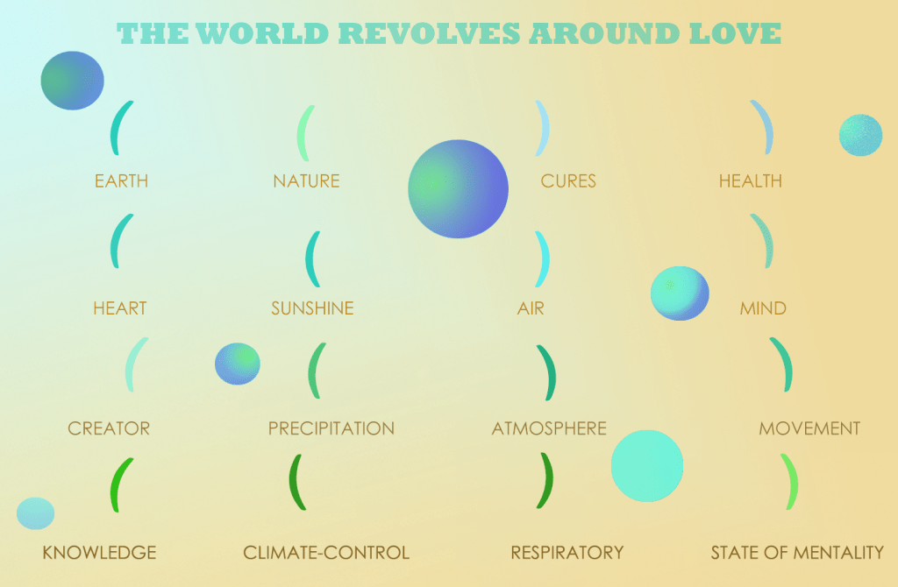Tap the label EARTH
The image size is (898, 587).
coord(121,180)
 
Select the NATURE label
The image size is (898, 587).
coord(306,180)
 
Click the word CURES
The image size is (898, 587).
coord(568,180)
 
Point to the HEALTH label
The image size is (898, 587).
coord(751,180)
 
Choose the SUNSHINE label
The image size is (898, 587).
coord(312,308)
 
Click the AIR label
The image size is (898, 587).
coord(531,308)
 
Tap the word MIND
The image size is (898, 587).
coord(763,308)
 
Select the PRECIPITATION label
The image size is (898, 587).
coord(331,428)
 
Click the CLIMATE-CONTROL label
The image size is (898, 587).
coord(326,552)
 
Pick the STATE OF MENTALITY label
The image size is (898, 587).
coord(797,552)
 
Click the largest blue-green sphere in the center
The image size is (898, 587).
coord(458,188)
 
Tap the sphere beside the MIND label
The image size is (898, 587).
coord(680,293)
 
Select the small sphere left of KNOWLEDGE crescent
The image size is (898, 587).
coord(35,513)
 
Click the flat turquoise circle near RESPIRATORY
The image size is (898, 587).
coord(647,466)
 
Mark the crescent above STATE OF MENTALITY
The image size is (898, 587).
coord(794,482)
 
